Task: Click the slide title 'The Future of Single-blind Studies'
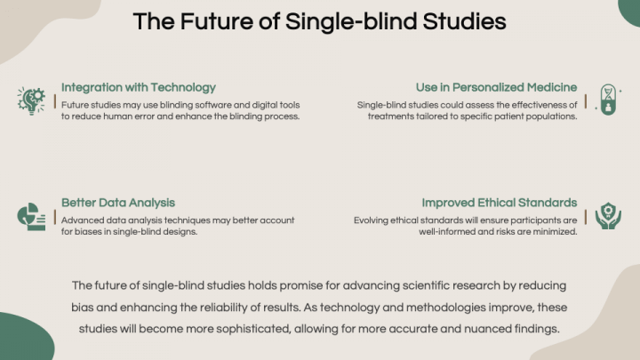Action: pos(320,21)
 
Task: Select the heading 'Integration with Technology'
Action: pos(139,87)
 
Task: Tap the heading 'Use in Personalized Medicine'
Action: pos(496,87)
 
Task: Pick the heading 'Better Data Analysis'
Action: pos(118,203)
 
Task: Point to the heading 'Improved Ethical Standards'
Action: pos(500,203)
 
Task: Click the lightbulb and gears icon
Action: pos(31,100)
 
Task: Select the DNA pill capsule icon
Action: pos(608,100)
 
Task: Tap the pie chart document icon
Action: pos(31,217)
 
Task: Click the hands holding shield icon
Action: pos(608,216)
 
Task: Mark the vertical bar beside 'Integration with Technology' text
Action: pos(55,101)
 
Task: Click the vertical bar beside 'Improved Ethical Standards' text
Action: pos(585,217)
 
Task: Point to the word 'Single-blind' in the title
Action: pos(351,21)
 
